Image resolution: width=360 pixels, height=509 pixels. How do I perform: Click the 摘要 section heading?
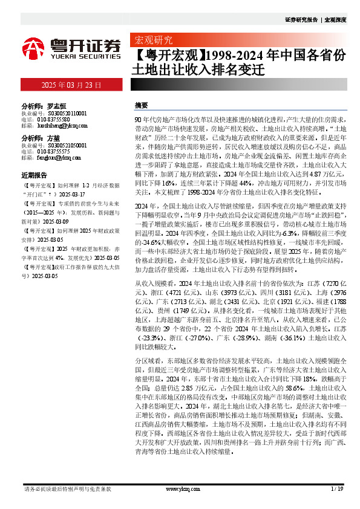(x=141, y=105)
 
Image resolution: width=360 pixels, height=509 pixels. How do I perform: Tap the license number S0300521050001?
(x=62, y=146)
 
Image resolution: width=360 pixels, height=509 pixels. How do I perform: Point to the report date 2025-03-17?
(x=72, y=195)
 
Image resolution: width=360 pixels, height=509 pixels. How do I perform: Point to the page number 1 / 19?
(x=337, y=488)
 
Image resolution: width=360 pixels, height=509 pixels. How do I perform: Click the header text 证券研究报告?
(x=301, y=20)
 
